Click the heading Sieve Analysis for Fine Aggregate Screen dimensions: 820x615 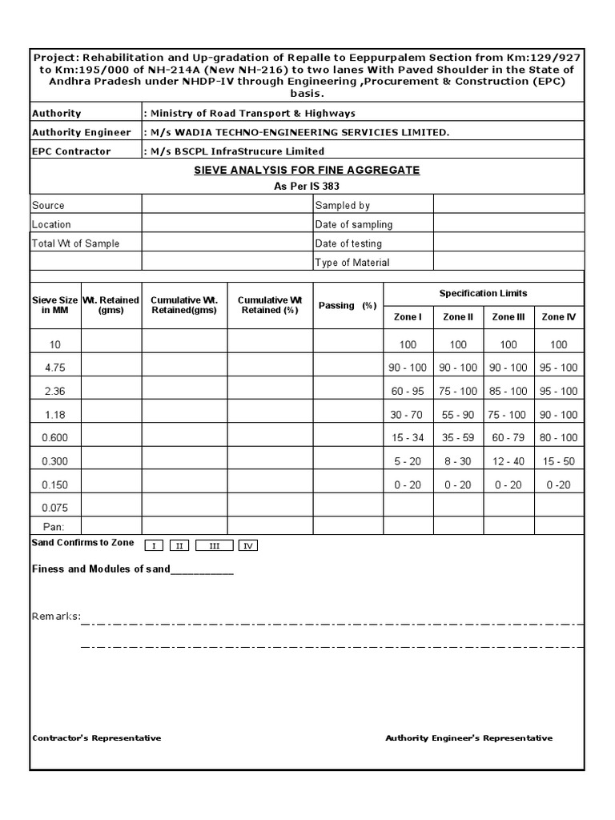[307, 171]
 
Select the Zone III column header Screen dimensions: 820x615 [508, 317]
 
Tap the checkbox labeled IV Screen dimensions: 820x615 [248, 545]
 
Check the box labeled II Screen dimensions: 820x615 [179, 545]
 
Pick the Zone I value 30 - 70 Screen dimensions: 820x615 [408, 415]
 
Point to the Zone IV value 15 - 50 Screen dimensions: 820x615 [558, 462]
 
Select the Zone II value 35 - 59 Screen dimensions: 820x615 [458, 438]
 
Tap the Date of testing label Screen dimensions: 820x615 [348, 243]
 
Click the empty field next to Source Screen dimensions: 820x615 [227, 206]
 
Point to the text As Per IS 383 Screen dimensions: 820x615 [307, 187]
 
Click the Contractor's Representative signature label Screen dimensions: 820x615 [96, 738]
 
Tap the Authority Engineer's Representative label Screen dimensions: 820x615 [468, 738]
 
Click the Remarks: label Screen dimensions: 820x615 [56, 616]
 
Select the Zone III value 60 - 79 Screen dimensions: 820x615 [508, 438]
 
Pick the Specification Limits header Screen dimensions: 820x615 [483, 294]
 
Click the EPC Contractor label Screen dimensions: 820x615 [71, 151]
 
